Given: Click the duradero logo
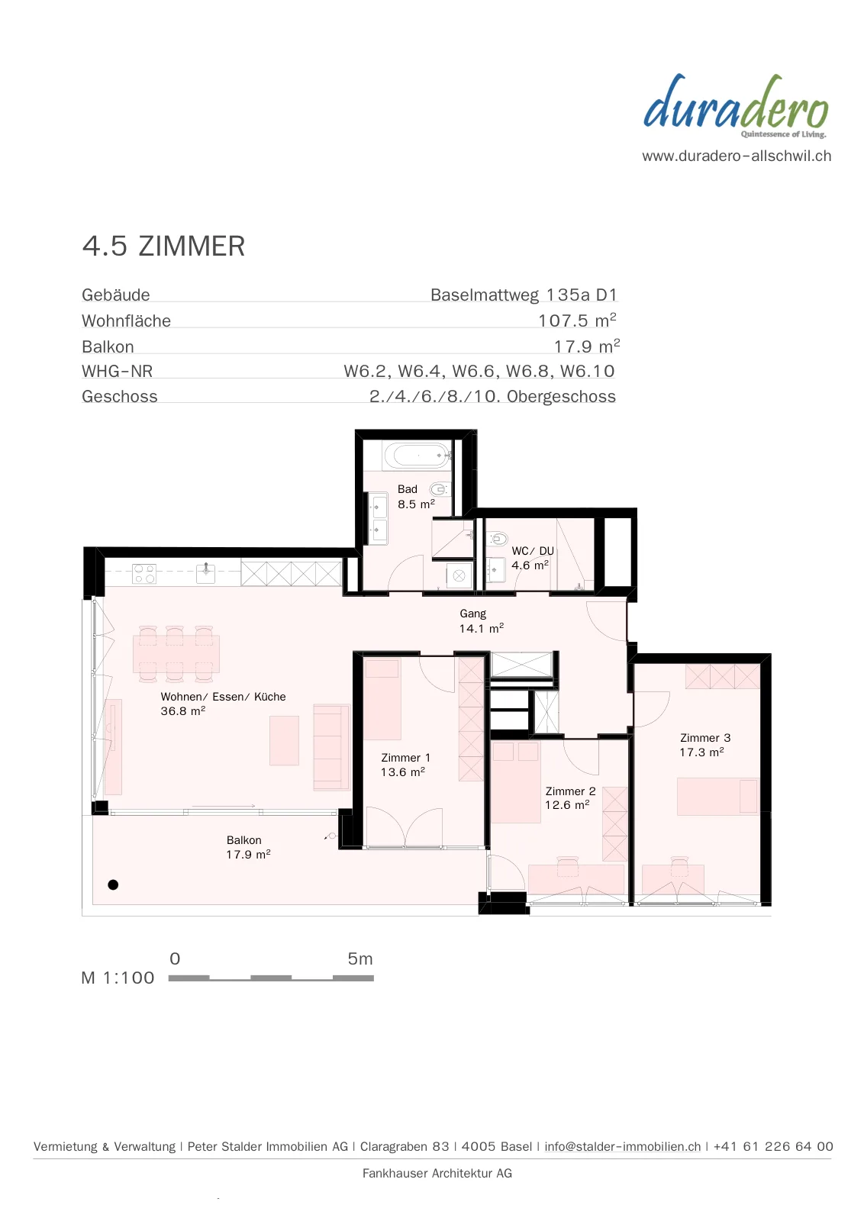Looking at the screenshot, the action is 736,106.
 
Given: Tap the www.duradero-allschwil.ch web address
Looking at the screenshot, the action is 737,156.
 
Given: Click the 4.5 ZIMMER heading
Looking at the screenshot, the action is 163,246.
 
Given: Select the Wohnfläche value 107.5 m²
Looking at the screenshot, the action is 577,320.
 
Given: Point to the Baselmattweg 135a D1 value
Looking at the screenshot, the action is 524,295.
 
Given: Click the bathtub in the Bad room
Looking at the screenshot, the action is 417,455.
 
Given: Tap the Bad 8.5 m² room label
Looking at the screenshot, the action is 416,497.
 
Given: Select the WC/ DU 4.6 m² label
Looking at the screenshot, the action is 532,558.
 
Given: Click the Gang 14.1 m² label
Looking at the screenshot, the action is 481,621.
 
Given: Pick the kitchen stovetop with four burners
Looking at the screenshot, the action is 144,574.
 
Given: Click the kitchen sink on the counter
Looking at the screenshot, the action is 205,573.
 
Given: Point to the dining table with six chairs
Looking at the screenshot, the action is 176,653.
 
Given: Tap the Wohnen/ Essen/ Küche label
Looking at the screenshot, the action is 223,697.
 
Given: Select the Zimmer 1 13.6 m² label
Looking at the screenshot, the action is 405,765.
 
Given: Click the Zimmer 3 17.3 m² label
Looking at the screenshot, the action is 704,745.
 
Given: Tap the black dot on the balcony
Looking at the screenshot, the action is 113,884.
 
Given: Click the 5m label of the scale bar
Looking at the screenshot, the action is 359,958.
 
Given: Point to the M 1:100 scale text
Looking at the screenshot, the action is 118,978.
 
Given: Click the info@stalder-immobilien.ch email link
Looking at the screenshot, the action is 623,1146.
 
